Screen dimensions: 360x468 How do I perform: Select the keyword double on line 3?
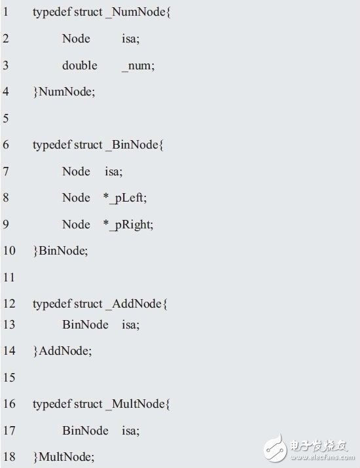pos(80,65)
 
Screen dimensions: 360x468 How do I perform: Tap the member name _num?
pos(138,66)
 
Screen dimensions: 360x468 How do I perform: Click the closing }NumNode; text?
pos(64,92)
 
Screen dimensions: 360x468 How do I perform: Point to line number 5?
pos(6,118)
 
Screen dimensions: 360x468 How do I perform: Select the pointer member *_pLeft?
pos(125,198)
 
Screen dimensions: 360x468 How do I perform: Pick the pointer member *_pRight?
pos(128,225)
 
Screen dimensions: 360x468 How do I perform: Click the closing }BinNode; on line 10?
pos(61,251)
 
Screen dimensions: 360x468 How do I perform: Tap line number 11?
pos(9,278)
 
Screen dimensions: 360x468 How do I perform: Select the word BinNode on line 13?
pos(85,325)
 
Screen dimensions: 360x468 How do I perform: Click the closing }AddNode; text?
pos(62,351)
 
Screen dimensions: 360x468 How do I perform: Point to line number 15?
pos(9,377)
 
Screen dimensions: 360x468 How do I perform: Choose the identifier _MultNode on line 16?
pos(137,405)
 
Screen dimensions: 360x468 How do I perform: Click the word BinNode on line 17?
pos(85,431)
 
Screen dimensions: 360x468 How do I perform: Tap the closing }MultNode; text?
pos(63,457)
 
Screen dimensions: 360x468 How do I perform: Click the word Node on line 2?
pos(76,39)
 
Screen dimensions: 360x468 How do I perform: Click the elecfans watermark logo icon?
pos(275,448)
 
